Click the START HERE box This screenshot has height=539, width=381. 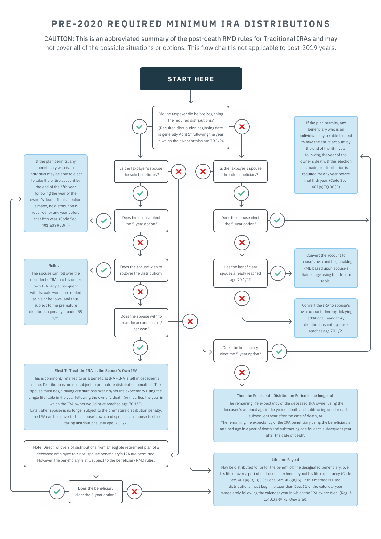point(190,79)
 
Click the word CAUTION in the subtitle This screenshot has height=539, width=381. point(59,39)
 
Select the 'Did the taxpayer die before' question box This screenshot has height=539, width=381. point(190,127)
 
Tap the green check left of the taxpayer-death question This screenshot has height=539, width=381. point(140,127)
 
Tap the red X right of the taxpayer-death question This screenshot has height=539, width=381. point(242,127)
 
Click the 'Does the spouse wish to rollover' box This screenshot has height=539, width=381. point(141,270)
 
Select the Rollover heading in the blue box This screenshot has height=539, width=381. point(56,266)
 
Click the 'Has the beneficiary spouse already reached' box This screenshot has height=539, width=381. point(240,273)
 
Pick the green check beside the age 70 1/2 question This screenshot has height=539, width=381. point(278,273)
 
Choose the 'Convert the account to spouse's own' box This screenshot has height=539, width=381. point(326,268)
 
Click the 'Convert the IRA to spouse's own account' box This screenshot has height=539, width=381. point(326,318)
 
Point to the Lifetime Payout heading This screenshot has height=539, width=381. point(285,460)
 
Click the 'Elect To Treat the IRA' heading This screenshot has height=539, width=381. point(96,371)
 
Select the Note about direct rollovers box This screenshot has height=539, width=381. point(96,454)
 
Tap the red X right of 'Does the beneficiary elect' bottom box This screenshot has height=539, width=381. point(134,492)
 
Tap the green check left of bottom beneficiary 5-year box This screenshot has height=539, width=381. point(57,492)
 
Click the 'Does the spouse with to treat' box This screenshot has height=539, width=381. point(141,323)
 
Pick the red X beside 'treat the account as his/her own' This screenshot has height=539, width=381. point(190,321)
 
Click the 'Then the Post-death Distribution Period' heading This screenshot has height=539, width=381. point(285,396)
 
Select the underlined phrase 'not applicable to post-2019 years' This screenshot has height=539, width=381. point(286,48)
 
